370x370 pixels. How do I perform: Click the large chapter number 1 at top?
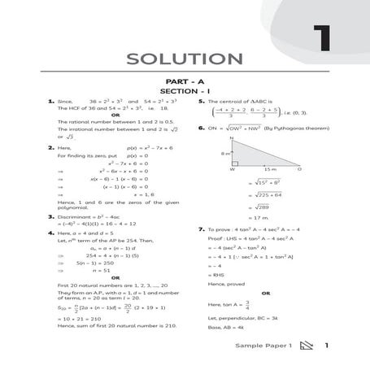click(323, 40)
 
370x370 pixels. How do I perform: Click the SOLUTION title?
click(185, 59)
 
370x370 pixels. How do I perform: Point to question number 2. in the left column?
click(50, 148)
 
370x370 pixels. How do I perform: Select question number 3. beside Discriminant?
click(50, 216)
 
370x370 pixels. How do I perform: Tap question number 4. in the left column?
click(50, 233)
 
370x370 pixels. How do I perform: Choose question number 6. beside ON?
click(200, 128)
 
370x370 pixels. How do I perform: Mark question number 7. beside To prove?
click(200, 230)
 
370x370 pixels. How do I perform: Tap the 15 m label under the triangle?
click(269, 169)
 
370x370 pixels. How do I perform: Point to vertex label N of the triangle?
click(233, 138)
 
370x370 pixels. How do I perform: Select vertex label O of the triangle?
click(299, 169)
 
